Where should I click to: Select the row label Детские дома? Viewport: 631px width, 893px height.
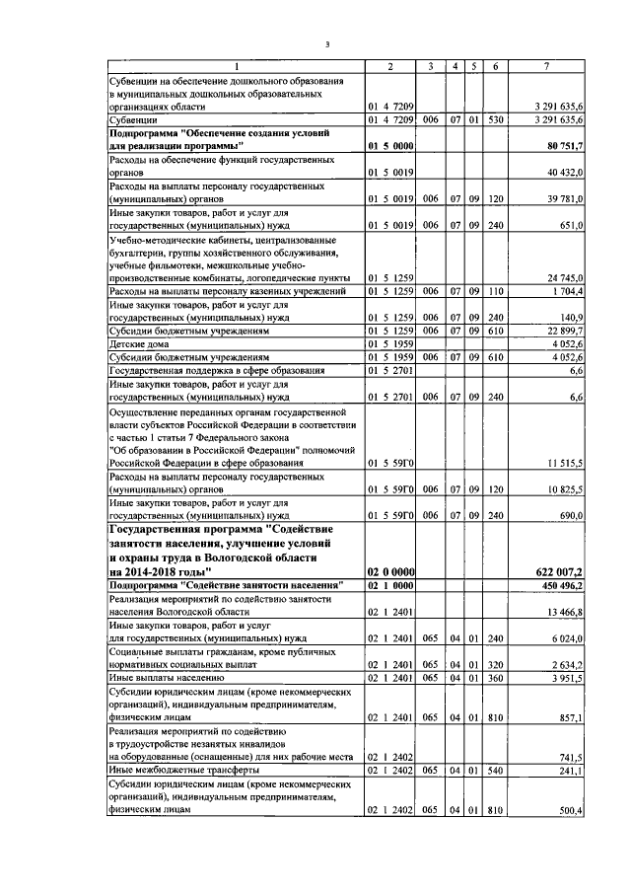(135, 343)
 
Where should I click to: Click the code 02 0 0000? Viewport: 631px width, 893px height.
(390, 571)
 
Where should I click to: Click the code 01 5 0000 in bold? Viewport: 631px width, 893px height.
(390, 146)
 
